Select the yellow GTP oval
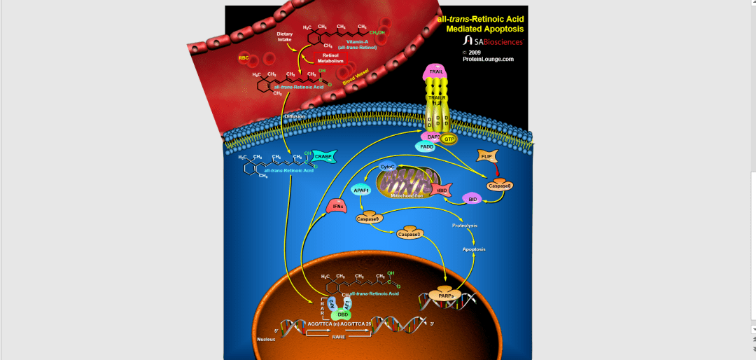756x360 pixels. [x=449, y=139]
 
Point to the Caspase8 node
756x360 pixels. [x=500, y=185]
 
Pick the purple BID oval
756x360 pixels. [x=472, y=200]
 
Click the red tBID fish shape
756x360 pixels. [x=441, y=189]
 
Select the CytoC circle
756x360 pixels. [x=387, y=167]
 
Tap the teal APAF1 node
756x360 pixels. [x=361, y=190]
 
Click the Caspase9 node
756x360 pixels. [x=367, y=219]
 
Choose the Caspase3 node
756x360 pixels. [x=409, y=234]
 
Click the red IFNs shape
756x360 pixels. [x=337, y=206]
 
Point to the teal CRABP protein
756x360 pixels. [x=323, y=157]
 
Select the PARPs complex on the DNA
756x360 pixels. [x=446, y=296]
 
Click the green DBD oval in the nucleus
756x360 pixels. [x=344, y=314]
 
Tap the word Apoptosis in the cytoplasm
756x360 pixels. [x=474, y=249]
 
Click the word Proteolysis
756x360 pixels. [x=465, y=226]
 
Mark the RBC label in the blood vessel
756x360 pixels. [x=244, y=58]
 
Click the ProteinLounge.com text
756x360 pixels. [x=488, y=60]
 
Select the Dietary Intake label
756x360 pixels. [x=284, y=36]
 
